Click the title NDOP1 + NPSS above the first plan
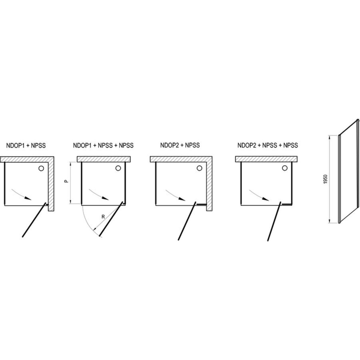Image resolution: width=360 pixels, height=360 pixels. point(26,145)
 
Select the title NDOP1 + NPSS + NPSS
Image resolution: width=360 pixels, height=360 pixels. point(103,145)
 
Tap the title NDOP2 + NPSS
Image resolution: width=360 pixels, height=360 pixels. point(180,145)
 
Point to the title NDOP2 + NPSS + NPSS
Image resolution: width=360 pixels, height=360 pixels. point(268,145)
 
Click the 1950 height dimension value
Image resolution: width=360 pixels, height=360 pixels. point(325,179)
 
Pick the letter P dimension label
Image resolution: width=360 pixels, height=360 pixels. point(66,181)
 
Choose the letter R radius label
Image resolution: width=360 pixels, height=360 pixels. point(103,217)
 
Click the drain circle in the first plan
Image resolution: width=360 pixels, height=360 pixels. point(41,168)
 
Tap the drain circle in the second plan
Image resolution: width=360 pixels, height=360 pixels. point(118,168)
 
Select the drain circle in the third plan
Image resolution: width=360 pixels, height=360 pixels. point(199,168)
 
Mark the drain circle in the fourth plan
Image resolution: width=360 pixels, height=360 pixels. point(285,168)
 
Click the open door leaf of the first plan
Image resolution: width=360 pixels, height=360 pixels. point(34,220)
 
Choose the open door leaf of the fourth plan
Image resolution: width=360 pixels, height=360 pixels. point(274,221)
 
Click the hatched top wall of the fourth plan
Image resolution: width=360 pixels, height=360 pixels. point(266,159)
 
